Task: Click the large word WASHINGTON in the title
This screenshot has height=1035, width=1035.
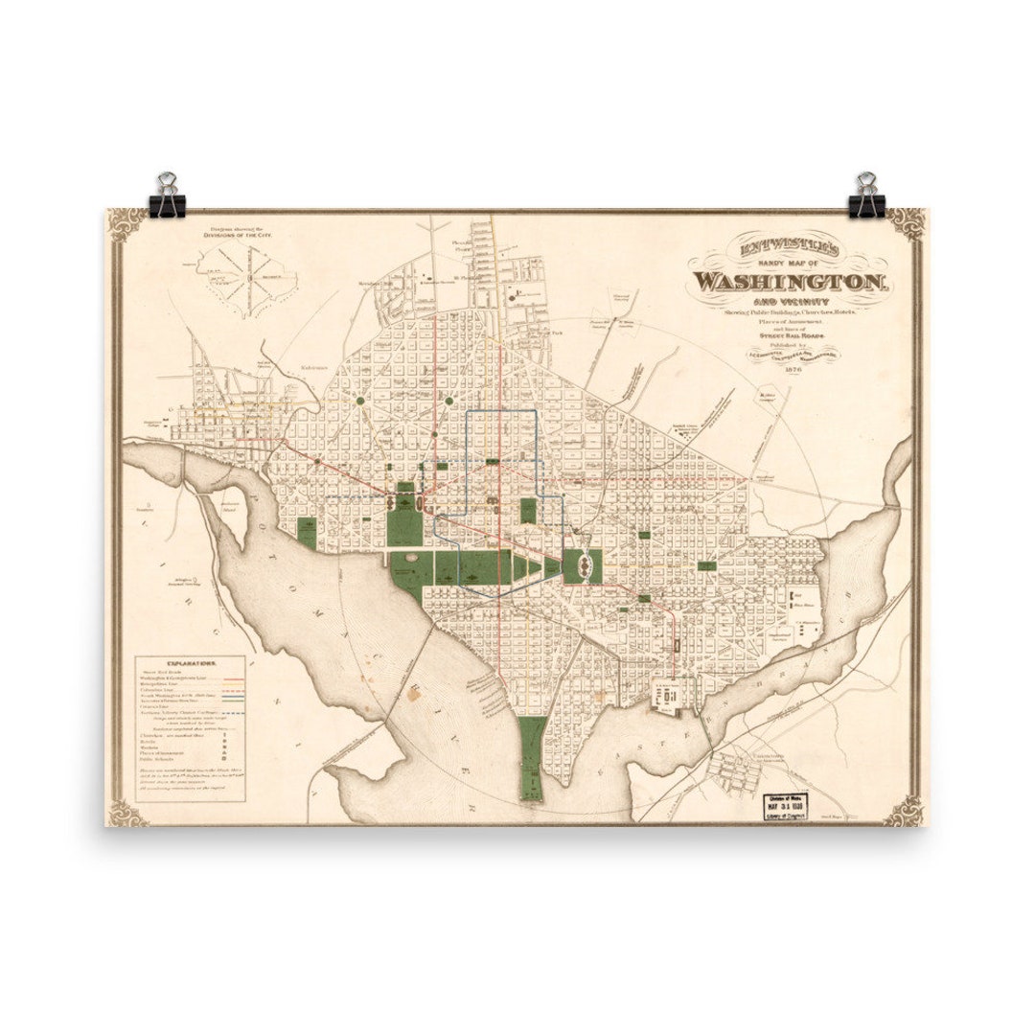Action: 792,282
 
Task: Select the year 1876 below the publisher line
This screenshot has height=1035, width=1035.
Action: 793,369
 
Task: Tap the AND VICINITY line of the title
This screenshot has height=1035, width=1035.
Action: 793,298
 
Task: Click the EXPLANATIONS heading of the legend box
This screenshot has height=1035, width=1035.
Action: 192,663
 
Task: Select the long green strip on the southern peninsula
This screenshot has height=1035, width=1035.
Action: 531,757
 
